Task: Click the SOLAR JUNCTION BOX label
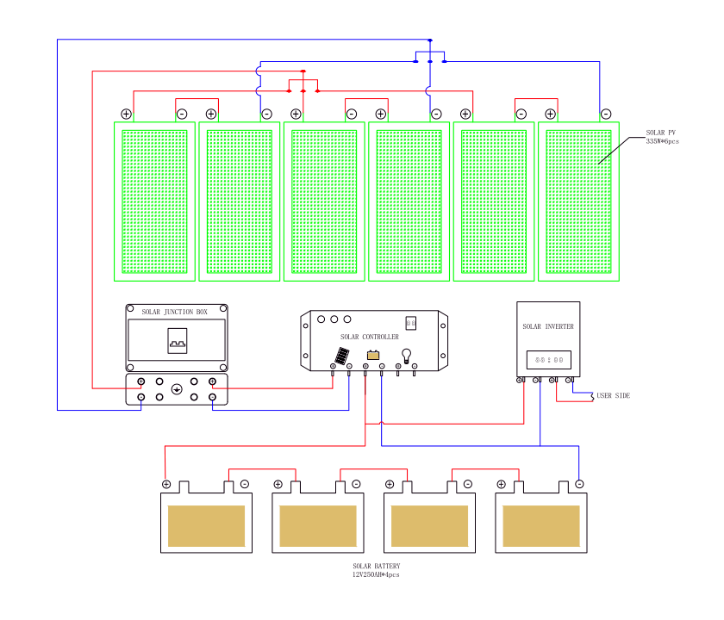coord(175,312)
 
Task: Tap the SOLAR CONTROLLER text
coord(370,337)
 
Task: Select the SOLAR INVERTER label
coord(548,327)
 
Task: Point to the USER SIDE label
coord(614,395)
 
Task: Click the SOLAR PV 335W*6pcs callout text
coord(662,137)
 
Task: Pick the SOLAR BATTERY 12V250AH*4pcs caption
coord(376,570)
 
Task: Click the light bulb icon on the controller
coord(406,354)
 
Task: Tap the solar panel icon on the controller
coord(342,355)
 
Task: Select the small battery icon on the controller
coord(373,355)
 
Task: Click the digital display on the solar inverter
coord(548,359)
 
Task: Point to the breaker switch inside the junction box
coord(177,342)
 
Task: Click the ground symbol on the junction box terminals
coord(177,389)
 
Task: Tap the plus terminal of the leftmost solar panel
coord(126,114)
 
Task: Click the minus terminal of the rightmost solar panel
coord(606,114)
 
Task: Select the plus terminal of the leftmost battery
coord(166,485)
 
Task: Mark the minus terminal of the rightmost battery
coord(579,485)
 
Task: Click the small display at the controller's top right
coord(411,323)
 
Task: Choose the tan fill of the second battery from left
coord(318,525)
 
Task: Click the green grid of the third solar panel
coord(324,201)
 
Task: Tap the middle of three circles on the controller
coord(335,319)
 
